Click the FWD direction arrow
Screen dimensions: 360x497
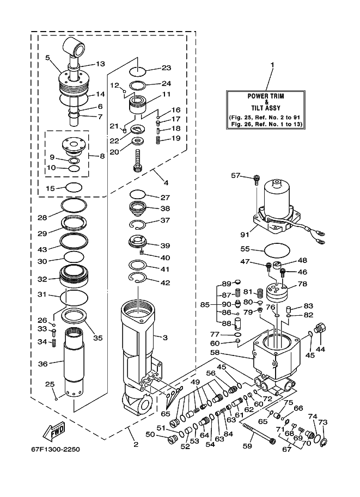tap(54, 432)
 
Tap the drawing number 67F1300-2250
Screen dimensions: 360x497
tap(56, 450)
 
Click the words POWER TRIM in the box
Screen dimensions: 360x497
tap(266, 96)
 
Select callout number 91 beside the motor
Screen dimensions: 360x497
tap(245, 235)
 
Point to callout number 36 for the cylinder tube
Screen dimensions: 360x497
tap(43, 364)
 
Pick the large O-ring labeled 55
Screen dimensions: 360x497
tap(277, 250)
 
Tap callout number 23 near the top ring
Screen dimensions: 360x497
tap(166, 68)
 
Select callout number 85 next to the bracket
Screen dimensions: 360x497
tap(205, 305)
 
